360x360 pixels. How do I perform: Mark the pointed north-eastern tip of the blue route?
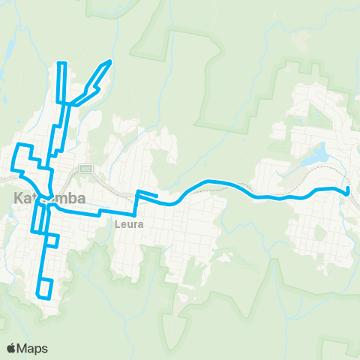[111, 61]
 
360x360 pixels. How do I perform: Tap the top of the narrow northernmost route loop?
[63, 63]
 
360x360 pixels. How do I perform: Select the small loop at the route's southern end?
[46, 288]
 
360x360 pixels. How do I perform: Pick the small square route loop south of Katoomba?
[52, 240]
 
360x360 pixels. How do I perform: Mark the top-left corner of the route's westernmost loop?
[19, 143]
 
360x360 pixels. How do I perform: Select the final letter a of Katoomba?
[81, 198]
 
